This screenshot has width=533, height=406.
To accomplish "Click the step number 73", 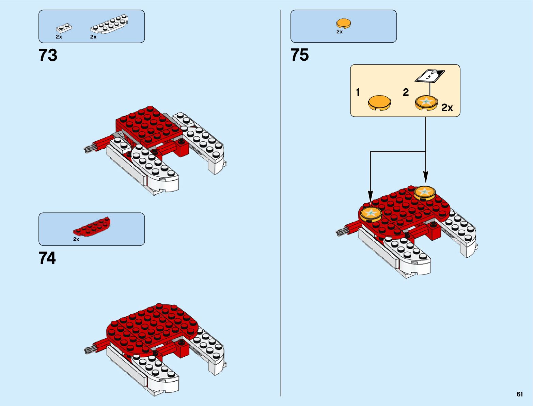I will (48, 55).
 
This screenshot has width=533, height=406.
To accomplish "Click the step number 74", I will (47, 258).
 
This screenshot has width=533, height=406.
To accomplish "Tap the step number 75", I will (300, 55).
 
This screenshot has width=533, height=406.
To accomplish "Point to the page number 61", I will (519, 394).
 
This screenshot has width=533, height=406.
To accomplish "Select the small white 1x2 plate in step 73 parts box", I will (64, 28).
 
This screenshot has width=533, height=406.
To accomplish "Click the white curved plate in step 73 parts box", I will (109, 25).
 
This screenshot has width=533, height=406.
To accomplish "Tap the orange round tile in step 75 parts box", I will (344, 23).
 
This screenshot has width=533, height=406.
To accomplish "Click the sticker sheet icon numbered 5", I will (429, 76).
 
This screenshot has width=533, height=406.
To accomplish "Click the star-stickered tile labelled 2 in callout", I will (426, 103).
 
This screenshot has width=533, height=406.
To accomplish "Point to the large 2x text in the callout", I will (447, 108).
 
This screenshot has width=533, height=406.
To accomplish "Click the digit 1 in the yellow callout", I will (358, 92).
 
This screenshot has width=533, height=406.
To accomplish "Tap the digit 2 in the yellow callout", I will (406, 92).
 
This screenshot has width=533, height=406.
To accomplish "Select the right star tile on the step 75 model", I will (424, 193).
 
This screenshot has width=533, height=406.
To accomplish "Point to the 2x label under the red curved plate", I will (76, 239).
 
